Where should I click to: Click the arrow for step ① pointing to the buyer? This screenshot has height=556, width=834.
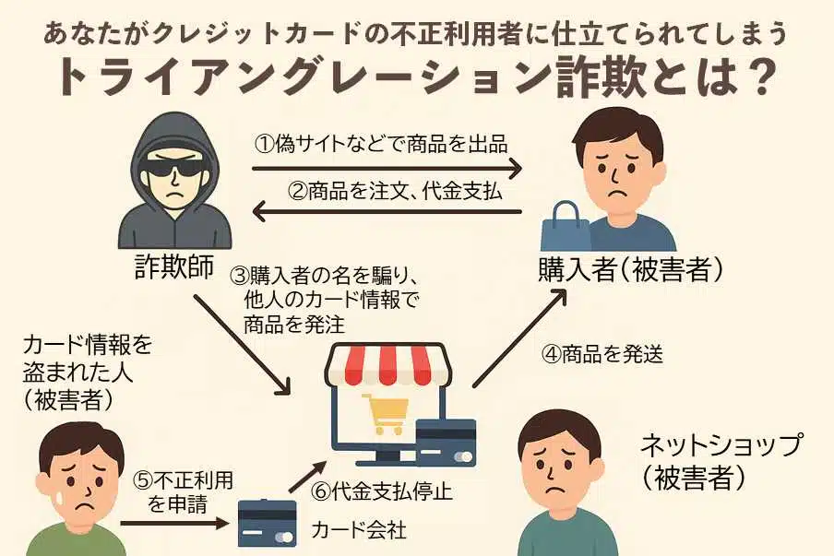pyautogui.click(x=387, y=169)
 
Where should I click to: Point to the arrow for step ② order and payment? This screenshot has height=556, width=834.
pyautogui.click(x=387, y=214)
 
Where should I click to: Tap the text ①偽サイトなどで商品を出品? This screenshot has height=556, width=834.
pyautogui.click(x=382, y=144)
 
